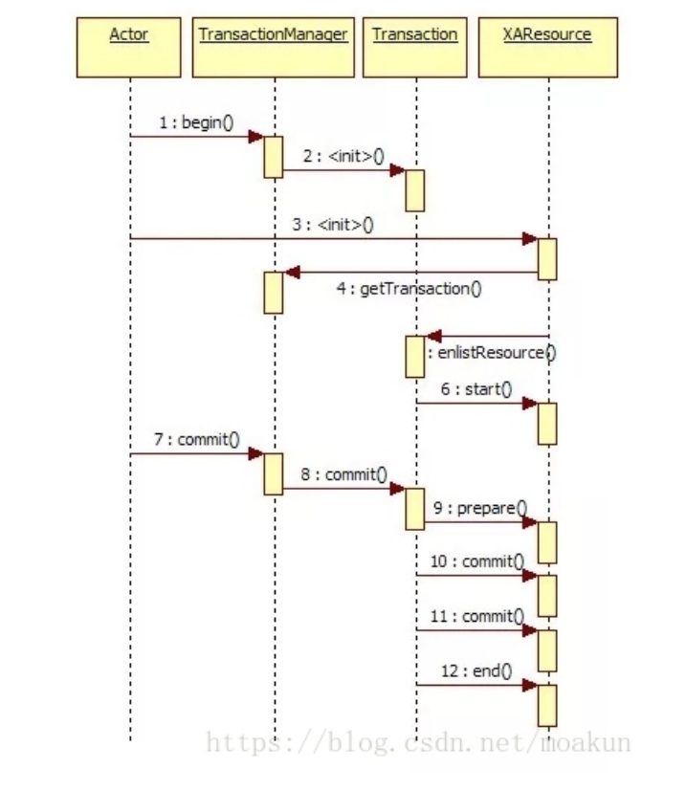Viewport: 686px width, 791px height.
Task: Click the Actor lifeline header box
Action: pyautogui.click(x=129, y=47)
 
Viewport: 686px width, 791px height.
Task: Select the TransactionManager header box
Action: pyautogui.click(x=273, y=47)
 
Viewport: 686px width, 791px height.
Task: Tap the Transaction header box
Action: pyautogui.click(x=414, y=47)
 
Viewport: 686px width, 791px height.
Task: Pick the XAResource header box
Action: pyautogui.click(x=546, y=47)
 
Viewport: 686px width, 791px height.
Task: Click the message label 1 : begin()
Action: pyautogui.click(x=196, y=123)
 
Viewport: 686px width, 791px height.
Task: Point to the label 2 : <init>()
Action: pyautogui.click(x=340, y=156)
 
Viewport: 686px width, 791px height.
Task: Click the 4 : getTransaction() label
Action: pyautogui.click(x=409, y=288)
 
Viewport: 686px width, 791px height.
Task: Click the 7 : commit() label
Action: pyautogui.click(x=196, y=440)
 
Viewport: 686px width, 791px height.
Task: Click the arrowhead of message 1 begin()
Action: pyautogui.click(x=255, y=137)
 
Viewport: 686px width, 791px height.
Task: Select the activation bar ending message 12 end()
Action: pyautogui.click(x=547, y=705)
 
